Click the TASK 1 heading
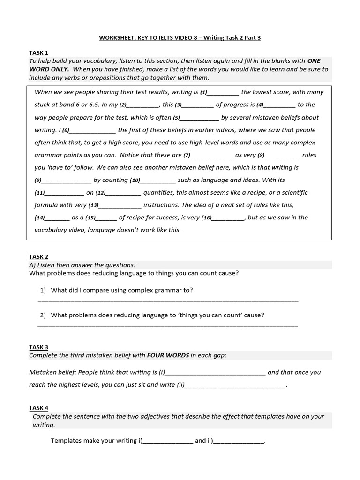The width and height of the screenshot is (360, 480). (38, 53)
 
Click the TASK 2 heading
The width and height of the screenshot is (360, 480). (38, 257)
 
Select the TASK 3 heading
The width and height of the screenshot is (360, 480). (38, 347)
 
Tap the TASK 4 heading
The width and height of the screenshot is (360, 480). (38, 408)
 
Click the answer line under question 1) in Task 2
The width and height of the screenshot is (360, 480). (167, 300)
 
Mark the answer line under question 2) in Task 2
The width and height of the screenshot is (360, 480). (167, 325)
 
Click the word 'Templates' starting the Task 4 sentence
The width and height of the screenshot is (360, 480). (67, 441)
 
